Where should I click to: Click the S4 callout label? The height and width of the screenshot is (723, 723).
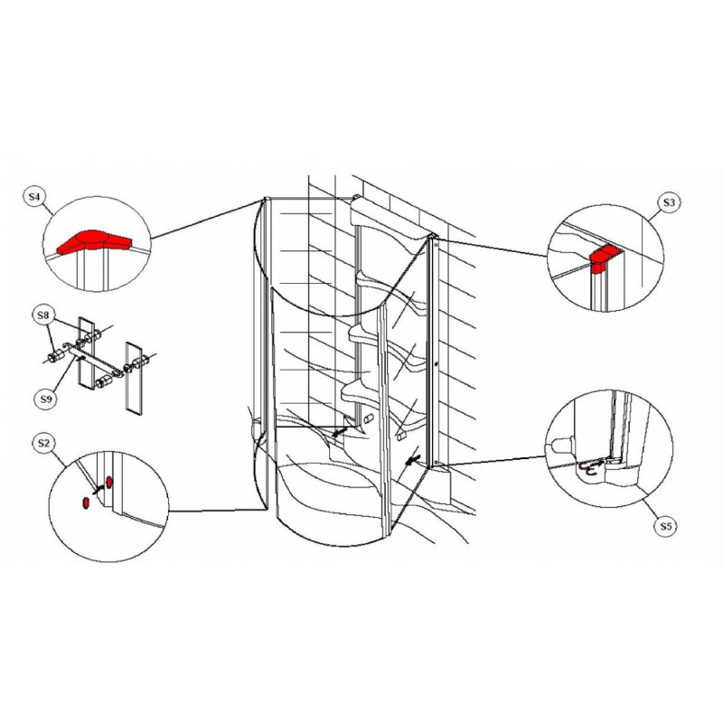coord(34,197)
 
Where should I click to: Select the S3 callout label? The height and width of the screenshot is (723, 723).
coord(669,202)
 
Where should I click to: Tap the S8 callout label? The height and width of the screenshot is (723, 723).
coord(42,315)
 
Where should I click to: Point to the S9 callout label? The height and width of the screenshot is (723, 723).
coord(46,399)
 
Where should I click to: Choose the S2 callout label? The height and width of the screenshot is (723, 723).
coord(42,443)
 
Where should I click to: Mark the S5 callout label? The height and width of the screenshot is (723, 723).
coord(666,526)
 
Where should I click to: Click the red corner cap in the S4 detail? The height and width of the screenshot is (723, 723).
coord(93,241)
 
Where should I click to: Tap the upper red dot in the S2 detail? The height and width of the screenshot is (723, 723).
coord(109,483)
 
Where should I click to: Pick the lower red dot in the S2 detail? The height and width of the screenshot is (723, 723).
coord(85,503)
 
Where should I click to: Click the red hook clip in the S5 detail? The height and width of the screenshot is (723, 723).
coord(588,469)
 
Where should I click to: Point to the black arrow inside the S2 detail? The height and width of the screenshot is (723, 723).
coord(99,490)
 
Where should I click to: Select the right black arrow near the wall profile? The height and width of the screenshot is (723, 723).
coord(412,459)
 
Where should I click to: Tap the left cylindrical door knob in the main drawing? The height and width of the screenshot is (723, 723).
coord(368,419)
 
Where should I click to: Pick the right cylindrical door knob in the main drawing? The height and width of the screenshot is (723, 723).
coord(400,436)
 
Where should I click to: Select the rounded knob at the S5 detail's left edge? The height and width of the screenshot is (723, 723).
coord(559,446)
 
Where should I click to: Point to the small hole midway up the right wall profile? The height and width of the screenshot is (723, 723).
coord(437,364)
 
